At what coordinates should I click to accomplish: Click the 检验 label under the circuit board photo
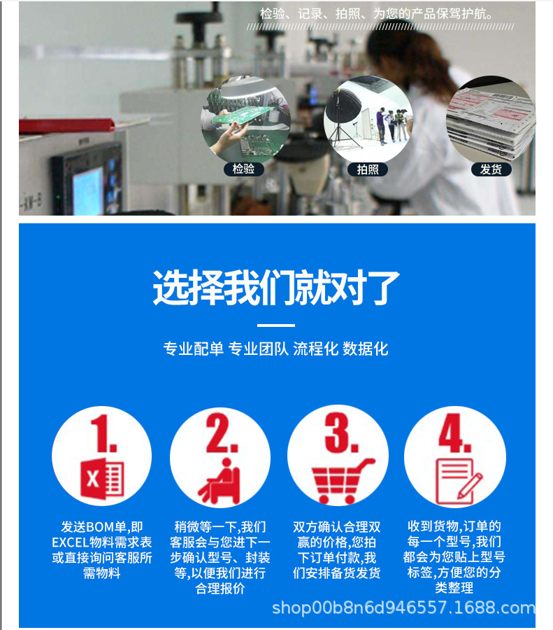coord(244,169)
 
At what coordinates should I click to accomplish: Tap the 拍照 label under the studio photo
coord(367,169)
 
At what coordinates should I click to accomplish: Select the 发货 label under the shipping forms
coord(491,169)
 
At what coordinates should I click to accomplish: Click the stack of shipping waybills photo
coord(491,119)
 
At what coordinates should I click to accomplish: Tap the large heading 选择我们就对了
coord(276,288)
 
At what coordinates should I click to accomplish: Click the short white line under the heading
coord(276,325)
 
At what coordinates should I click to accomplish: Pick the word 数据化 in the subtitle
coord(365,349)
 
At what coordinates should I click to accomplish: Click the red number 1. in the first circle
coord(102,435)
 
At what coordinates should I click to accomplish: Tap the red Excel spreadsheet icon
coord(102,479)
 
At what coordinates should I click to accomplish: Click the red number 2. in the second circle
coord(221,435)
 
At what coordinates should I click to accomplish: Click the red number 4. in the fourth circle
coord(455,435)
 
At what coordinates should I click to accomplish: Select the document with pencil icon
coord(458,482)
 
